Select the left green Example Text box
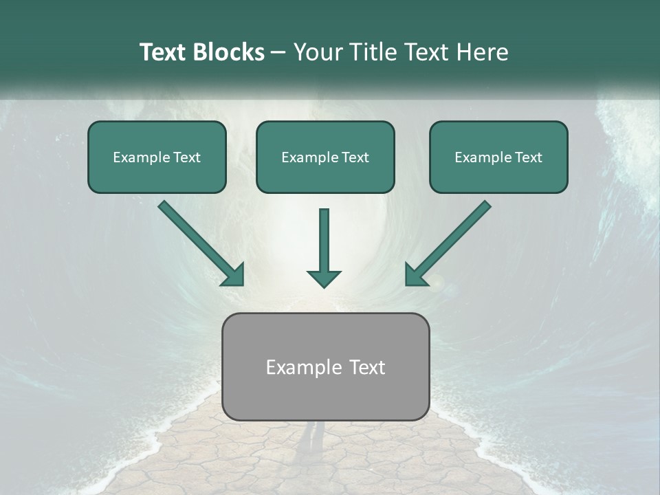click(x=157, y=157)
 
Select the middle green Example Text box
click(x=325, y=157)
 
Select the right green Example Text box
click(x=498, y=157)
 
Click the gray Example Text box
click(x=325, y=366)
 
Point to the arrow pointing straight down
click(x=324, y=244)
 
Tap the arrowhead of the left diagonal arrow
click(x=234, y=274)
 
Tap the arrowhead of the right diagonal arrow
click(x=415, y=274)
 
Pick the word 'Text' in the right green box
click(x=528, y=157)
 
